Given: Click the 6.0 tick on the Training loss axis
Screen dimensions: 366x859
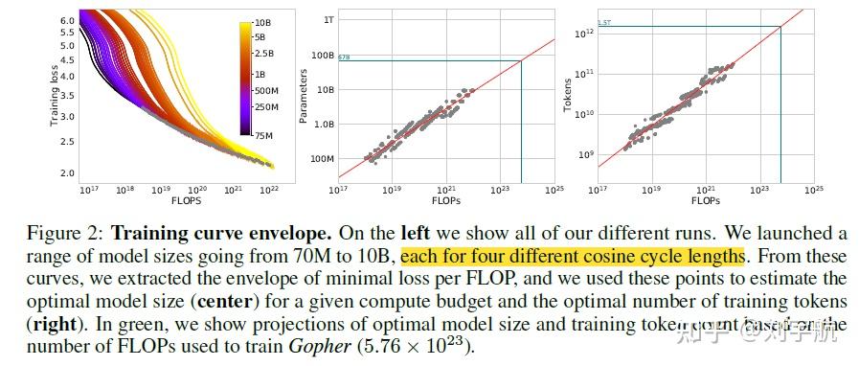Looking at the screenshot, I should (67, 19).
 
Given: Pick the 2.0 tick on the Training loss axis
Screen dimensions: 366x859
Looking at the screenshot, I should (67, 173).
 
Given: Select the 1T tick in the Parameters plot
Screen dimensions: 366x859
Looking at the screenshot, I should (328, 19).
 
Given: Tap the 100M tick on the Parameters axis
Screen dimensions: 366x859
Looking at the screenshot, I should (324, 158).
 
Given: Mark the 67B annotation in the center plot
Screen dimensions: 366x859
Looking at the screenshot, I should (345, 58).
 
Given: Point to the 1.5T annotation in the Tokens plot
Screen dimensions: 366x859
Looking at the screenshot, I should (604, 23).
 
